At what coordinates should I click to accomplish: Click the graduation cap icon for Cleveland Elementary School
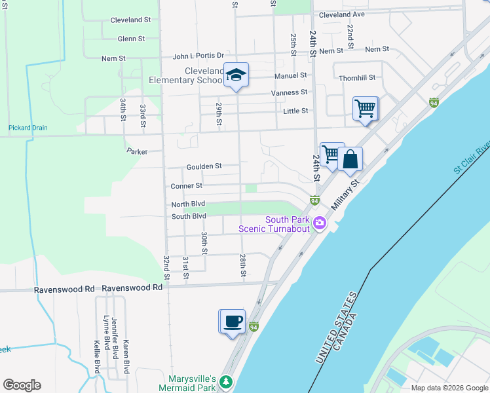click(236, 75)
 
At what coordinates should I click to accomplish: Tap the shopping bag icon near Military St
click(350, 159)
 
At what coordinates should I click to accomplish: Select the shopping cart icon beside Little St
click(365, 108)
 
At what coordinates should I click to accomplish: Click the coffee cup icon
click(233, 322)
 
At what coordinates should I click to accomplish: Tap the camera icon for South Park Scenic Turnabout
click(319, 223)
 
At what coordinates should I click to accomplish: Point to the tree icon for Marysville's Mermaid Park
click(226, 381)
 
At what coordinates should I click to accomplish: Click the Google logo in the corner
click(22, 385)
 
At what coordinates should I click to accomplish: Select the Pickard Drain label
click(28, 128)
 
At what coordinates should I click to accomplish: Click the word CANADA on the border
click(348, 331)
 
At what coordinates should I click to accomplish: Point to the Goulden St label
click(204, 167)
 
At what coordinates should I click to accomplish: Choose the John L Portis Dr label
click(198, 56)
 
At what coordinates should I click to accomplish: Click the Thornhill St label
click(357, 78)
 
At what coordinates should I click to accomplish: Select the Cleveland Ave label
click(341, 14)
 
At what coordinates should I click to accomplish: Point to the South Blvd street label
click(189, 216)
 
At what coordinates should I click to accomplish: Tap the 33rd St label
click(143, 112)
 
